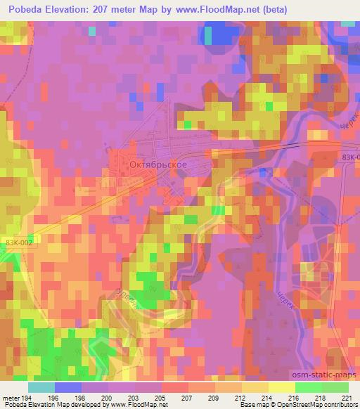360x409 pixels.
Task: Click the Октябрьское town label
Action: point(158,164)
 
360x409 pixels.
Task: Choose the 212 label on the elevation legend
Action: point(242,397)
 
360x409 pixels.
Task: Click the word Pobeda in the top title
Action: point(25,8)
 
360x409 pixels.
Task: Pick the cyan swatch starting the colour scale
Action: point(41,387)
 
